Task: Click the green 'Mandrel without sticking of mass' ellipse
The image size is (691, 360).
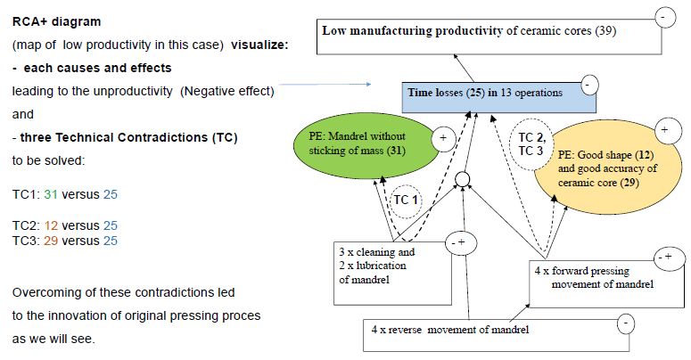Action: click(x=366, y=145)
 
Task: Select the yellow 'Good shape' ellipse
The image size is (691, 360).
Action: click(x=608, y=168)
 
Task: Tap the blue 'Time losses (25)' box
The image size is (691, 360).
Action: click(x=499, y=97)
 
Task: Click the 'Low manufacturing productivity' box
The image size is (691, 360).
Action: click(x=489, y=37)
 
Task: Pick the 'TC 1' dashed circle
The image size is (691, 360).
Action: click(x=406, y=200)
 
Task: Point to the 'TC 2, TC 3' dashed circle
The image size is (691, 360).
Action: click(x=532, y=144)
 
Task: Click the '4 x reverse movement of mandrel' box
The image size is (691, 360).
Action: click(x=497, y=335)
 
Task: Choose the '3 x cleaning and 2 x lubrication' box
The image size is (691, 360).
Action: click(x=392, y=273)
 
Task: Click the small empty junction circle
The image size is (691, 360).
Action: click(x=462, y=179)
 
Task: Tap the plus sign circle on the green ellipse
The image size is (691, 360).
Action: click(x=443, y=138)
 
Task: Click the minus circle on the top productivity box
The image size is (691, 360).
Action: click(x=664, y=18)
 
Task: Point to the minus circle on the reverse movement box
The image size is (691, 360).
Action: click(x=625, y=323)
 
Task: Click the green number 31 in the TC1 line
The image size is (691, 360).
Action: click(x=51, y=194)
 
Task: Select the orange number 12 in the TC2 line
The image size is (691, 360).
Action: click(x=51, y=225)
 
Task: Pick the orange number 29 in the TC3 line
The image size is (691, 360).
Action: click(x=51, y=241)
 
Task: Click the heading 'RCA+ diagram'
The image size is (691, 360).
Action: click(x=56, y=21)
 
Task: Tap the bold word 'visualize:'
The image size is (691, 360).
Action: click(x=259, y=45)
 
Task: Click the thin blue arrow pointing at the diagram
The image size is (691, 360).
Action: click(x=325, y=84)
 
